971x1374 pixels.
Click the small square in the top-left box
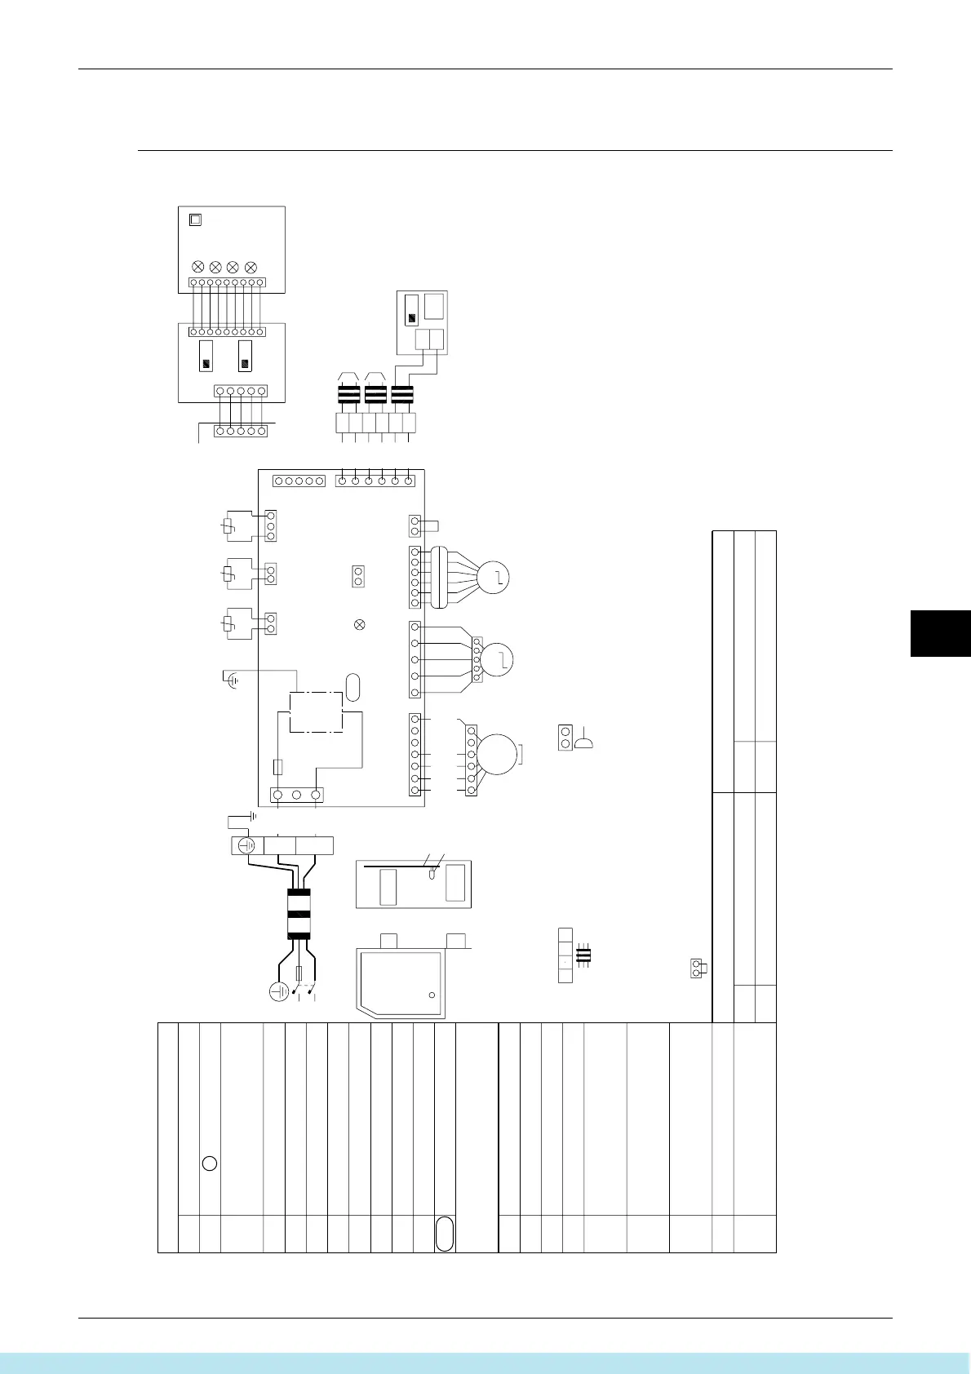point(195,219)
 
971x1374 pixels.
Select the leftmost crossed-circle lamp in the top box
point(197,267)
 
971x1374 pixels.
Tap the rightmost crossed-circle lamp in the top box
point(251,267)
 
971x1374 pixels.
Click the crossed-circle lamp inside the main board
point(358,624)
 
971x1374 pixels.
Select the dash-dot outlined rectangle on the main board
point(316,712)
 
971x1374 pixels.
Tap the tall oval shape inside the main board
point(352,687)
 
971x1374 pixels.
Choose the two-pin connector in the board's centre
point(357,576)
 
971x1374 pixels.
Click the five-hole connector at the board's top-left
point(299,481)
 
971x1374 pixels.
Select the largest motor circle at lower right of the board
point(497,755)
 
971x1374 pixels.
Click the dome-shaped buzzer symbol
point(584,742)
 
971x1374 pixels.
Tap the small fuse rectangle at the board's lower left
point(278,767)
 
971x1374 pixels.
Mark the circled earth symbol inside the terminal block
point(246,845)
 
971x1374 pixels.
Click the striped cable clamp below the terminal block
point(299,913)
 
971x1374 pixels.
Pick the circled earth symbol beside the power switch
point(280,991)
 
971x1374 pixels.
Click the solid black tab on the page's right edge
point(940,633)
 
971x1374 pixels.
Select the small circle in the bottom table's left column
point(209,1163)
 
